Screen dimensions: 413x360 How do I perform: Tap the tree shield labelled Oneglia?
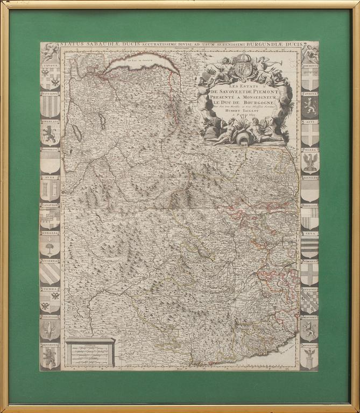(50, 248)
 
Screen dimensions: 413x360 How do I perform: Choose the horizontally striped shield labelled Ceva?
(309, 248)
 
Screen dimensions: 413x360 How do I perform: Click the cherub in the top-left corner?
(51, 52)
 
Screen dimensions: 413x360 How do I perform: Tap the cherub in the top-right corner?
(310, 52)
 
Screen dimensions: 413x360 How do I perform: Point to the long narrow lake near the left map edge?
(76, 130)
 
